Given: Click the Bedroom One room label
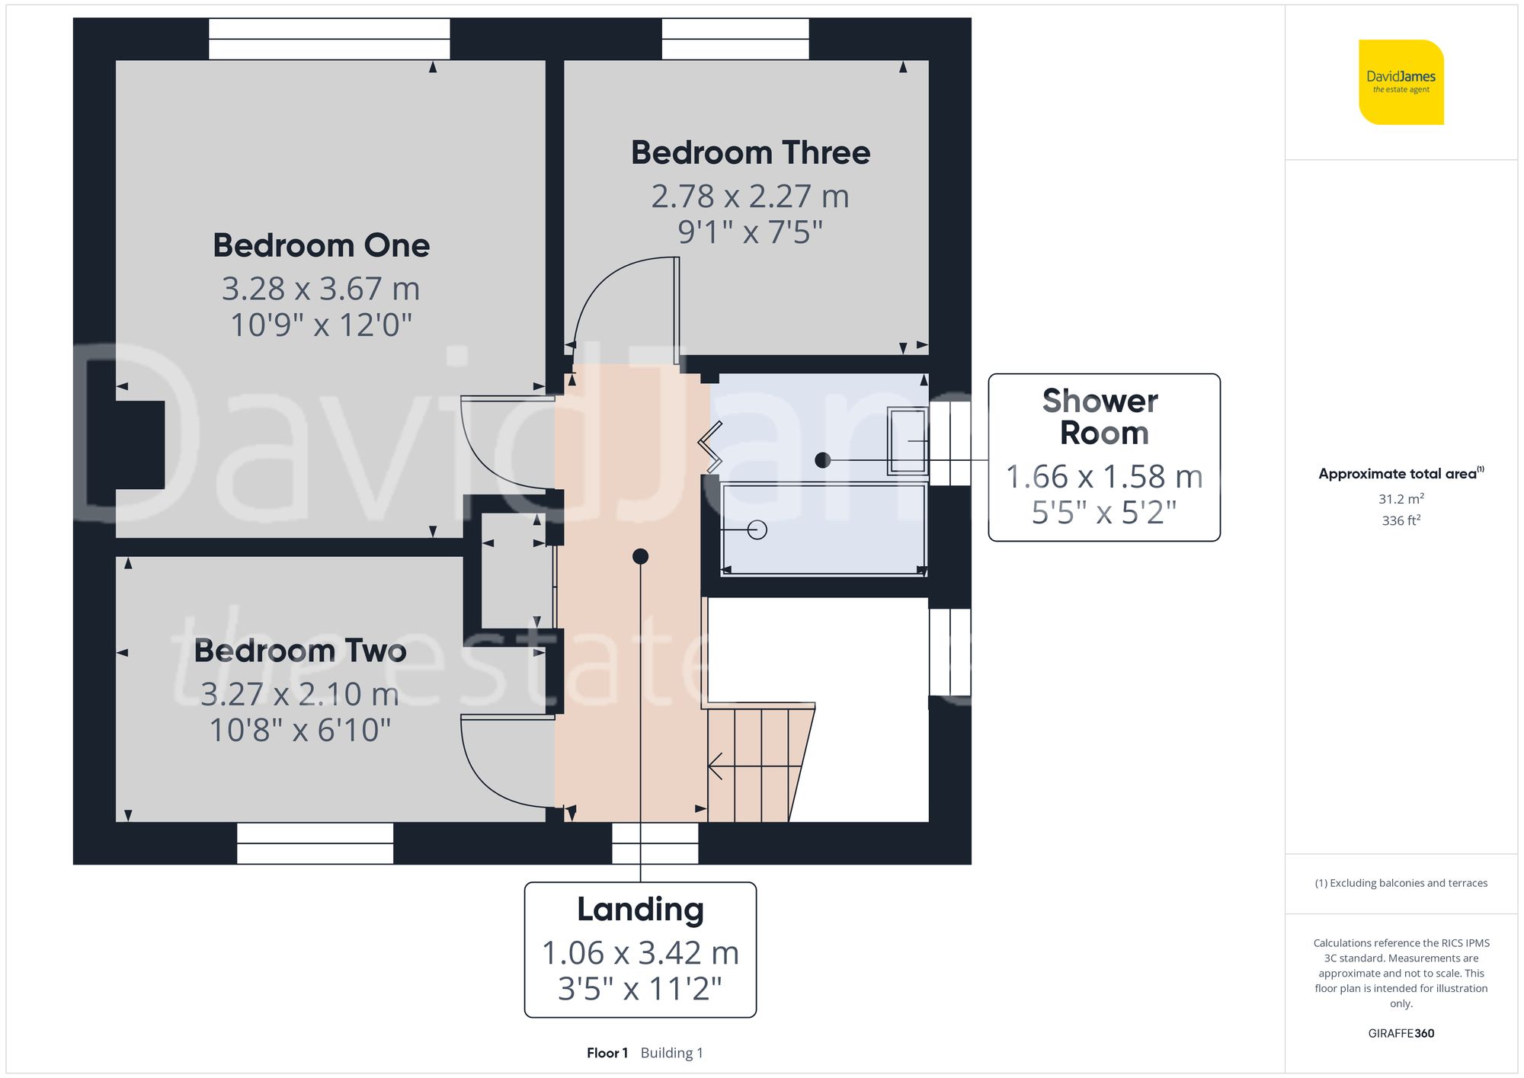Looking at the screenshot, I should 321,245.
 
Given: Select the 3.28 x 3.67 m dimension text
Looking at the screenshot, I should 321,289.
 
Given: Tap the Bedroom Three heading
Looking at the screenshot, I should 751,152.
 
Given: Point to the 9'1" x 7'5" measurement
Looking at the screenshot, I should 751,232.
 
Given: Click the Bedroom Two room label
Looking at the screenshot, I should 300,651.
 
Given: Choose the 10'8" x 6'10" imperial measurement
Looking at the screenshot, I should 300,730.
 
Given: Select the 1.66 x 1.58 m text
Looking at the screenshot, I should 1104,477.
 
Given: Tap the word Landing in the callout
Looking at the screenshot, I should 640,909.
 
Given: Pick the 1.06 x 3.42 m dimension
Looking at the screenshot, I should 640,952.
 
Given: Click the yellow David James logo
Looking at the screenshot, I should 1401,82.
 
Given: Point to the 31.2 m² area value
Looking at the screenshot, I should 1401,499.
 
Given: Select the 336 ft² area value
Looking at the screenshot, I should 1401,520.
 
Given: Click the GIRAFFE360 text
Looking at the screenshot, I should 1401,1033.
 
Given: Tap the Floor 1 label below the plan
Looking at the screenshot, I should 607,1053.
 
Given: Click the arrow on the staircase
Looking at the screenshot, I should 716,766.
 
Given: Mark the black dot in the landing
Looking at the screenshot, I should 640,557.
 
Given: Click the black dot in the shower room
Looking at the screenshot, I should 822,460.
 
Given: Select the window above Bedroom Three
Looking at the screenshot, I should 735,39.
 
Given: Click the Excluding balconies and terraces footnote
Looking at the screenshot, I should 1401,883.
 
